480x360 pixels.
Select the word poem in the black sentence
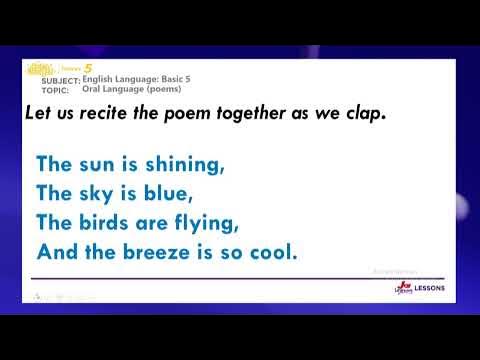pyautogui.click(x=192, y=115)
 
